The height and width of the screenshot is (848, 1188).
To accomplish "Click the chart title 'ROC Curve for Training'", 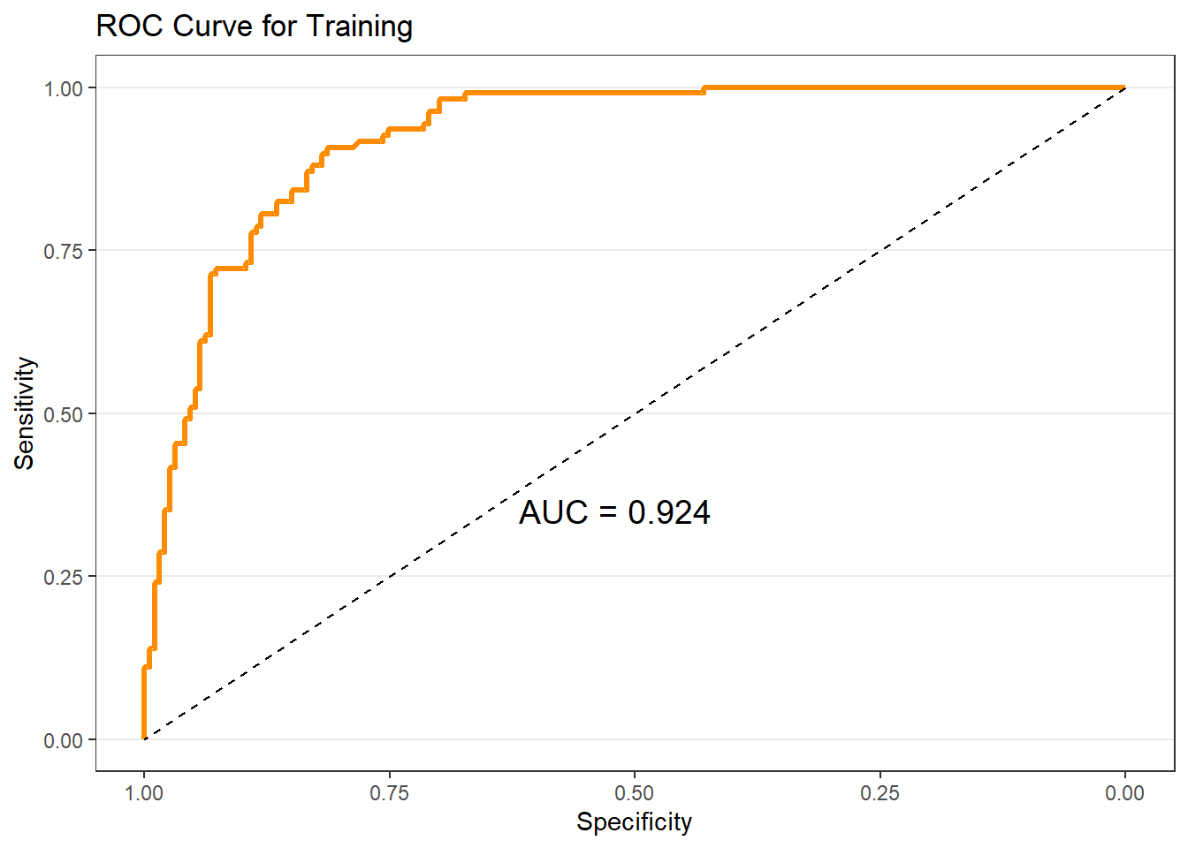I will coord(254,26).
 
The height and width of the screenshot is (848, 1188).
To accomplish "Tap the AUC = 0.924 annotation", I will coord(614,512).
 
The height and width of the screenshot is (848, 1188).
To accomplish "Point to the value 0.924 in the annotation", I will coord(669,512).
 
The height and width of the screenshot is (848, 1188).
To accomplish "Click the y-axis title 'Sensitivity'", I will coord(25,413).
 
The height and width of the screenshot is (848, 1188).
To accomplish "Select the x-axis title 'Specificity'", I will coord(634,821).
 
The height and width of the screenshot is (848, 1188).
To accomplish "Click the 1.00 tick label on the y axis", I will coord(63,88).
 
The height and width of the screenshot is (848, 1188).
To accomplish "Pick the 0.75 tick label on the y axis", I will coord(63,251).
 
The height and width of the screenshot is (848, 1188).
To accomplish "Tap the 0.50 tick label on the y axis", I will coord(63,414).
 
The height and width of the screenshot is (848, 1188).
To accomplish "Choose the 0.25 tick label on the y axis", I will coord(63,577).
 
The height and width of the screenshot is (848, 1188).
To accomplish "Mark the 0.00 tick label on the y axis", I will coord(63,740).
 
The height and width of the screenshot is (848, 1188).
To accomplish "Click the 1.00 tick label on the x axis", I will coord(144,792).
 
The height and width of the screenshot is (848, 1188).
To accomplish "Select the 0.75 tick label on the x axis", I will coord(389,792).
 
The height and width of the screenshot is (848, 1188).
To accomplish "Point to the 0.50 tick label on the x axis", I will coord(634,792).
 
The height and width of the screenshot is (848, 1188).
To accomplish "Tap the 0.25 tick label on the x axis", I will coord(880,792).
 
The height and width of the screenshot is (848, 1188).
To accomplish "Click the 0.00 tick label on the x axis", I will coord(1124,792).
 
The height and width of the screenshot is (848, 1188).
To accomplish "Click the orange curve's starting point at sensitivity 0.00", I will coord(144,738).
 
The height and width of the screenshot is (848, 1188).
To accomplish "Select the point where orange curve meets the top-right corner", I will coord(1124,87).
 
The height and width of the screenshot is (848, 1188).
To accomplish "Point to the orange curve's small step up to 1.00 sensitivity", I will coord(704,90).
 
